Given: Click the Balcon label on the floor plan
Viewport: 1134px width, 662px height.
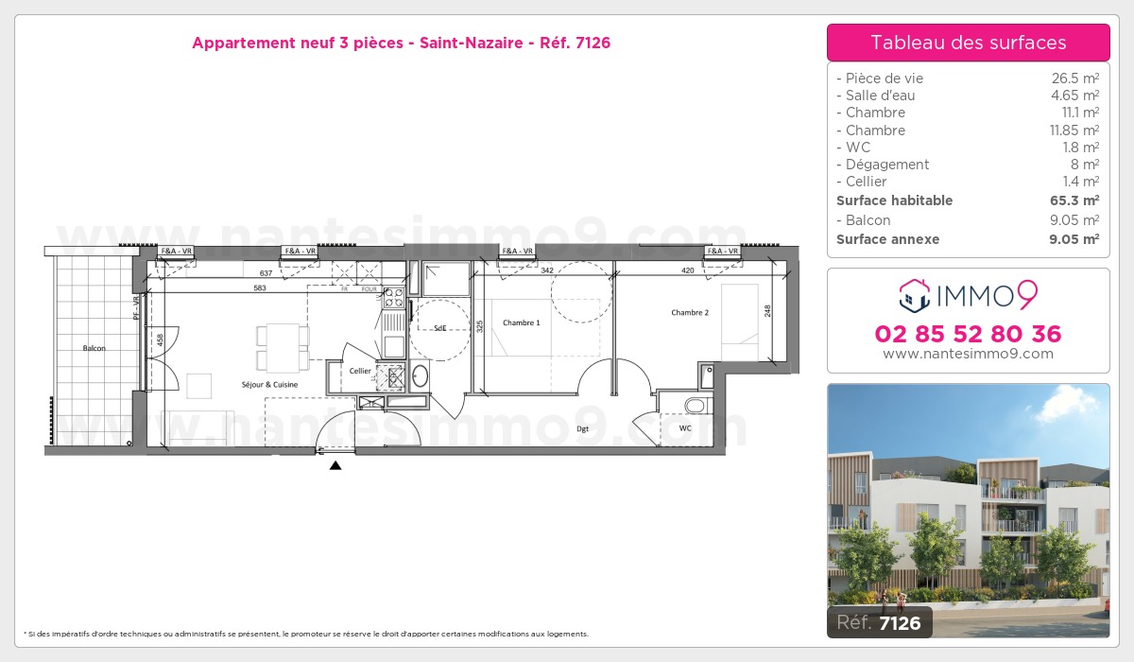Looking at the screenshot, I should coord(94,348).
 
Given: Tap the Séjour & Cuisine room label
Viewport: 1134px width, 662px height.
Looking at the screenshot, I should coord(269,384).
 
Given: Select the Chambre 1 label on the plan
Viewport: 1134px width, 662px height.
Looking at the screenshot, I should coord(521,323).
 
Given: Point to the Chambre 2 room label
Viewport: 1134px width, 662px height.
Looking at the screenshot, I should coord(690,312).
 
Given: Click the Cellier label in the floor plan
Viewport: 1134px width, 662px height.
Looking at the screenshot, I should coord(360,371).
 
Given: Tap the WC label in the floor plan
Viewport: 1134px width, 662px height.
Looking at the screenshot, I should coord(684,427).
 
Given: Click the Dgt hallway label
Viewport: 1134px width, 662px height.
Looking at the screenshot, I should coord(583,428).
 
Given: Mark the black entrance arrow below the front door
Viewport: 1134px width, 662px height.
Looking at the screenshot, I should coord(335,464).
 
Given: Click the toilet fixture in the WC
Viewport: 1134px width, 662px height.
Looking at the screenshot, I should coord(695,406).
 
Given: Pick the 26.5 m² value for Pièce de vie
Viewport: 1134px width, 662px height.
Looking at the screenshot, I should coord(1075,78).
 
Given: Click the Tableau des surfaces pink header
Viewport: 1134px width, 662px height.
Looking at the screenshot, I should coord(968,43).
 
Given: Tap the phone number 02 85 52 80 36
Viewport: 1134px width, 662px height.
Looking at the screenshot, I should coord(968,334).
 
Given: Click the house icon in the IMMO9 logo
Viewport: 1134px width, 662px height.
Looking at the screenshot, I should coord(914,296).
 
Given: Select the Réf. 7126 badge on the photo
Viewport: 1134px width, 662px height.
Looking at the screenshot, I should coord(879,622).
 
